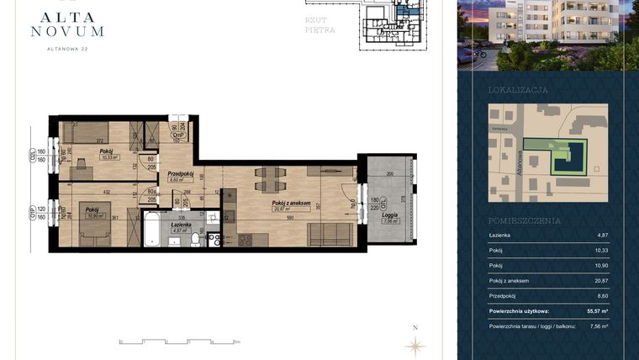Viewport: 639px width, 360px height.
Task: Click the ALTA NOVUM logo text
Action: [x=67, y=23]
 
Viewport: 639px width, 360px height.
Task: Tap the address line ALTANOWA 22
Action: [x=67, y=49]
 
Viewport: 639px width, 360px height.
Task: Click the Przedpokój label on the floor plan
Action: [x=181, y=174]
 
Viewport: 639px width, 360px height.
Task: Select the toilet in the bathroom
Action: [x=196, y=240]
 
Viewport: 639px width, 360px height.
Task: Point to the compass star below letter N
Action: [x=414, y=344]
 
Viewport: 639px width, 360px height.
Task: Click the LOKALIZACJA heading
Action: [x=518, y=89]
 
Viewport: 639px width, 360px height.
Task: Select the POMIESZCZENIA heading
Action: [x=525, y=220]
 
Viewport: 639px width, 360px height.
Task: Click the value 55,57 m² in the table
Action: [x=596, y=310]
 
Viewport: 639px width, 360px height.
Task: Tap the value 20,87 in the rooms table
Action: [x=599, y=280]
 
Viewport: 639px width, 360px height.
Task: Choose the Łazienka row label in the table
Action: [x=501, y=236]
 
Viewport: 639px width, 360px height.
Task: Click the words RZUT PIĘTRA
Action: [x=320, y=24]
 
